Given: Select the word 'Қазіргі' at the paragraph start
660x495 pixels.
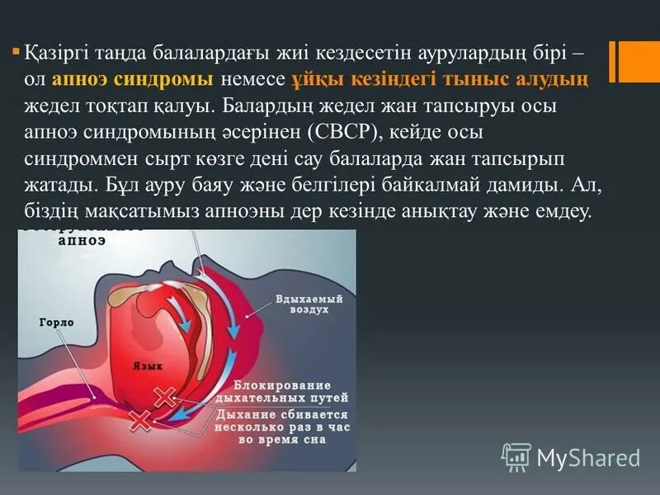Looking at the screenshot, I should (x=57, y=53).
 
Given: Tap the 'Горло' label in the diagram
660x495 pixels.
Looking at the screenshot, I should (x=56, y=323).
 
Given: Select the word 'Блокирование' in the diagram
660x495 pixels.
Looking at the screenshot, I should (x=281, y=385).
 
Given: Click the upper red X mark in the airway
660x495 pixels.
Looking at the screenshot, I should (x=165, y=398).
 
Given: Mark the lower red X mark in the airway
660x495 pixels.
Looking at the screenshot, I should (x=141, y=421).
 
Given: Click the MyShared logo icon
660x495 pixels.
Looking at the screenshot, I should (x=516, y=456).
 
